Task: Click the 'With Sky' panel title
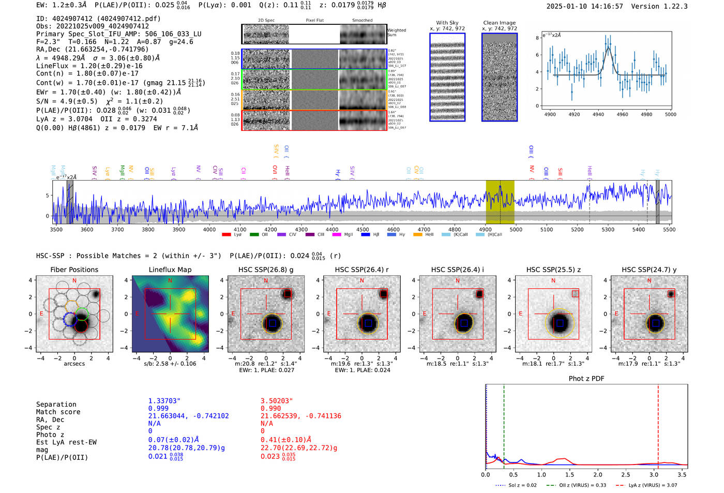click(447, 23)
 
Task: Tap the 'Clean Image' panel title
click(499, 23)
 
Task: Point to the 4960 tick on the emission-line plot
click(622, 114)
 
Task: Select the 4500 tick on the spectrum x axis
click(363, 229)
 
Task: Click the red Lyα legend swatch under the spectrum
click(226, 235)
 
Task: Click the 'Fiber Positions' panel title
click(74, 270)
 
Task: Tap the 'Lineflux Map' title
click(170, 270)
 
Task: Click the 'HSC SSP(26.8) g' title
click(266, 270)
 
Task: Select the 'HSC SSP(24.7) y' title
click(649, 270)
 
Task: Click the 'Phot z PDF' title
click(586, 379)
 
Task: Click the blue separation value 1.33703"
click(164, 401)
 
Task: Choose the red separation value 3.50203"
click(277, 401)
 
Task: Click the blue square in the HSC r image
click(368, 323)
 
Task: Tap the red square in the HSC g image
click(288, 294)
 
